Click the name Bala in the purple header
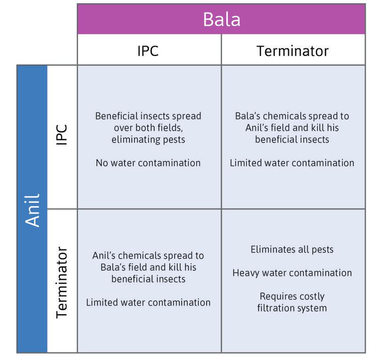[222, 19]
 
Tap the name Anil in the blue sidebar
[32, 210]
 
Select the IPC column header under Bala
[148, 50]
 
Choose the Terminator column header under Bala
[293, 50]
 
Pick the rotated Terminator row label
[63, 282]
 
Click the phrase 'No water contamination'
[148, 163]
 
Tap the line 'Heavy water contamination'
[292, 273]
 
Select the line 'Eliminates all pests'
[292, 250]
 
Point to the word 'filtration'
[278, 308]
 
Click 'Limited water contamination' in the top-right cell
[292, 163]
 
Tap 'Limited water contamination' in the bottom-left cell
[148, 302]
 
